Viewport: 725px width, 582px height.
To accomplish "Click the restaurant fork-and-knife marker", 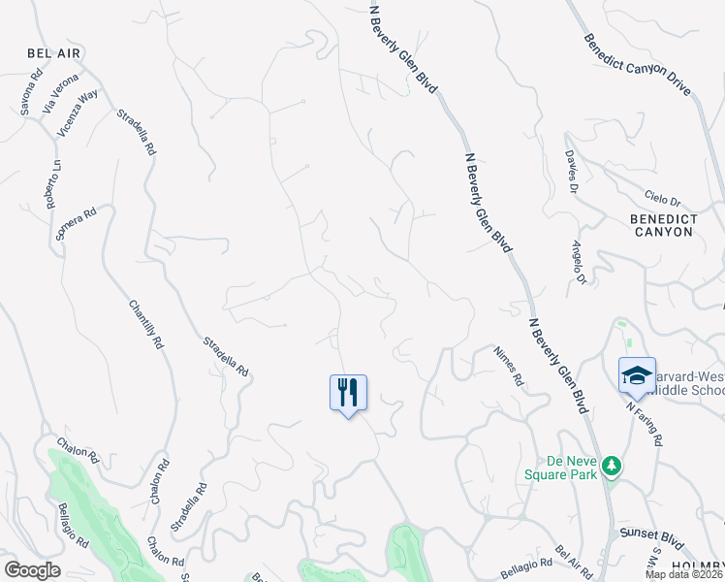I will coord(348,393).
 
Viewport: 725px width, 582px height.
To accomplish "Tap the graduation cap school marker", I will coord(637,375).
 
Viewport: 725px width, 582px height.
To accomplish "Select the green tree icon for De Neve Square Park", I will coord(611,467).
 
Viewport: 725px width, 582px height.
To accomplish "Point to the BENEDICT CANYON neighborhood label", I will coord(663,226).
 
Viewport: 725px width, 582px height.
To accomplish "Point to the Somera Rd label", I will coord(77,226).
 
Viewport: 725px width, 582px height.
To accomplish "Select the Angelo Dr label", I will coord(580,263).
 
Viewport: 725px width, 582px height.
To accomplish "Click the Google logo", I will coord(33,570).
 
